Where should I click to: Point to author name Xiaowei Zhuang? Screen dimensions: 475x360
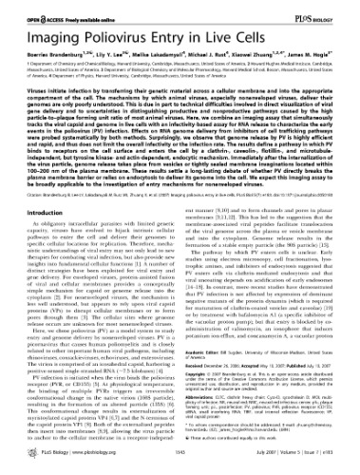point(255,49)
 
